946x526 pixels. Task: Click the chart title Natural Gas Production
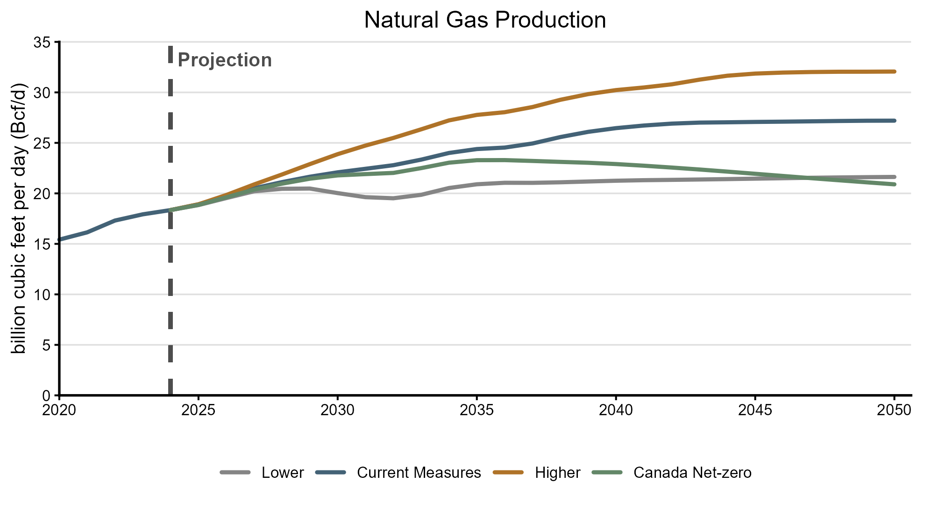(x=484, y=20)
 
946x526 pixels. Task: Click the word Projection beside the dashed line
(x=225, y=60)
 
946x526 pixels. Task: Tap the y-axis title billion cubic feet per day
(x=19, y=218)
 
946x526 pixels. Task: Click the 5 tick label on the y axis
(x=46, y=345)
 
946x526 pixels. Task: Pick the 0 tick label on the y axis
(x=46, y=396)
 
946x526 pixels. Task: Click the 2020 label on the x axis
(x=59, y=410)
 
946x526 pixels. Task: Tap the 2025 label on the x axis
(x=198, y=410)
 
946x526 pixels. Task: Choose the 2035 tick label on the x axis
(x=477, y=410)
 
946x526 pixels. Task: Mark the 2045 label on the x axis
(x=755, y=410)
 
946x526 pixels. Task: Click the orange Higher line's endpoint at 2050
(x=894, y=72)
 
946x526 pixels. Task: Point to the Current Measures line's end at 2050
(x=894, y=121)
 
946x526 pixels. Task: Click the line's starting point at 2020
(x=60, y=240)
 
